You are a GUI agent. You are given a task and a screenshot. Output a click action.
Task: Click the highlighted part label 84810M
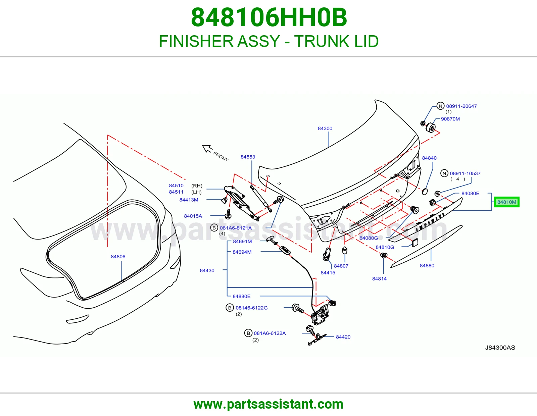[506, 202]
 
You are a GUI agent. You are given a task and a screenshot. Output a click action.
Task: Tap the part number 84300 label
[325, 128]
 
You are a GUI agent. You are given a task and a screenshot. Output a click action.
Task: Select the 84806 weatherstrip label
[118, 257]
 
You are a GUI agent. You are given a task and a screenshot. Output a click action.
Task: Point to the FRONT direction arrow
[207, 149]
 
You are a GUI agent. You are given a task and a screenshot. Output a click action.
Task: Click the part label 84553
[248, 157]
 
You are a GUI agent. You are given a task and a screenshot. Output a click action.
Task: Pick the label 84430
[207, 270]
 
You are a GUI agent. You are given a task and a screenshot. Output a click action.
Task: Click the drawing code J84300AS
[500, 348]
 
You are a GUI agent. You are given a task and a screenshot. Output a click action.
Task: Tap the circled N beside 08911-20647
[440, 106]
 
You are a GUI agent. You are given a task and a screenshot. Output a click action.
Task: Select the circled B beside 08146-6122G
[230, 308]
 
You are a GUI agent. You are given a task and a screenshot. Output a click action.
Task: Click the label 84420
[343, 337]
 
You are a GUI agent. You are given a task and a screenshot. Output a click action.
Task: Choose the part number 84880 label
[427, 266]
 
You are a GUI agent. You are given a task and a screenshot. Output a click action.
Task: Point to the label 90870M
[450, 119]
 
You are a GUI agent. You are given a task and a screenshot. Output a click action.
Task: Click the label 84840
[429, 158]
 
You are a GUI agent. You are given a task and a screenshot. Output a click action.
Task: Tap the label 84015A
[193, 216]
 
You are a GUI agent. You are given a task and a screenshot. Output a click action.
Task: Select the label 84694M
[242, 252]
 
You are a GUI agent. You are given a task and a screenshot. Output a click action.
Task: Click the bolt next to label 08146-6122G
[298, 308]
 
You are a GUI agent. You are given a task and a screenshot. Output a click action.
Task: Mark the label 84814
[379, 279]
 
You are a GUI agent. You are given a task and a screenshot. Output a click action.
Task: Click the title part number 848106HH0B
[269, 17]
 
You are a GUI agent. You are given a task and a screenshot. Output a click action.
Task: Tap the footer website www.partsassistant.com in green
[268, 404]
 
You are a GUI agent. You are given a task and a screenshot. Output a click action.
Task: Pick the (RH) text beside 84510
[197, 186]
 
